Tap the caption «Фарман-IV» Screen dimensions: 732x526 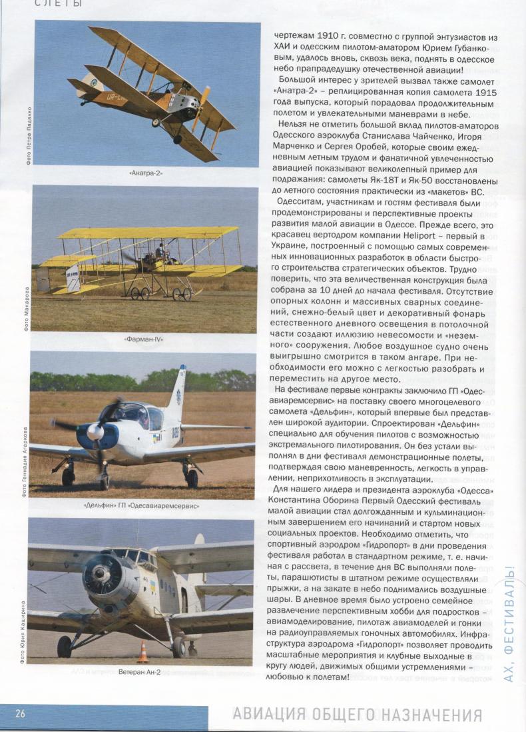pos(144,339)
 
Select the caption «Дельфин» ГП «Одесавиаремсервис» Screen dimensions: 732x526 pos(142,505)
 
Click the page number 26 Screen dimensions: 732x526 pos(21,714)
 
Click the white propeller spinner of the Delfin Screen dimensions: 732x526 pos(95,432)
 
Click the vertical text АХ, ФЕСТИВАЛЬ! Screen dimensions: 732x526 pos(510,623)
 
